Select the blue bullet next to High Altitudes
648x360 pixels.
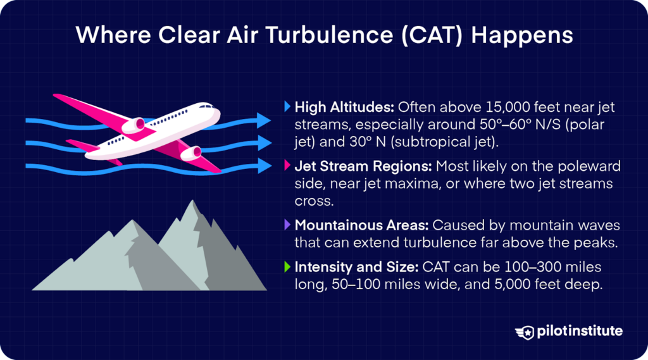[x=287, y=107]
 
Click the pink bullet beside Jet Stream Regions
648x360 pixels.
[x=287, y=166]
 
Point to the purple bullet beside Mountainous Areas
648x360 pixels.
[x=287, y=225]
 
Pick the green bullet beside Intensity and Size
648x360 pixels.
[x=287, y=266]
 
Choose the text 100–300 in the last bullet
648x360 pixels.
[x=530, y=267]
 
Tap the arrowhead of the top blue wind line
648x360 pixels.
[x=263, y=120]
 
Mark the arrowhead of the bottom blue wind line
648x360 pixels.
[x=263, y=166]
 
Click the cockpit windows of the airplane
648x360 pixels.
[x=207, y=106]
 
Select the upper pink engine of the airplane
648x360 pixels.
[x=134, y=125]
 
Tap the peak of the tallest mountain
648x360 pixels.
[x=192, y=201]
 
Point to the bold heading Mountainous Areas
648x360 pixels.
[x=361, y=225]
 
